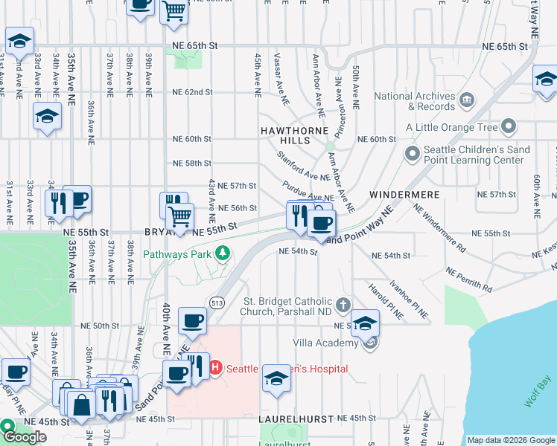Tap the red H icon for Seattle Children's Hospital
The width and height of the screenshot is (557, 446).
[x=216, y=368]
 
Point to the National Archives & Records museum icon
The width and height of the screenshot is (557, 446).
[x=466, y=100]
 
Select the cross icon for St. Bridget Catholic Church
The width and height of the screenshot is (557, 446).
[x=343, y=304]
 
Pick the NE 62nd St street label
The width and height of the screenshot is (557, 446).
[x=192, y=92]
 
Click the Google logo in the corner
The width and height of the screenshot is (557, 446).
[x=25, y=436]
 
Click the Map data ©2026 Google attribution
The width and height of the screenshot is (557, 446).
[x=511, y=440]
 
